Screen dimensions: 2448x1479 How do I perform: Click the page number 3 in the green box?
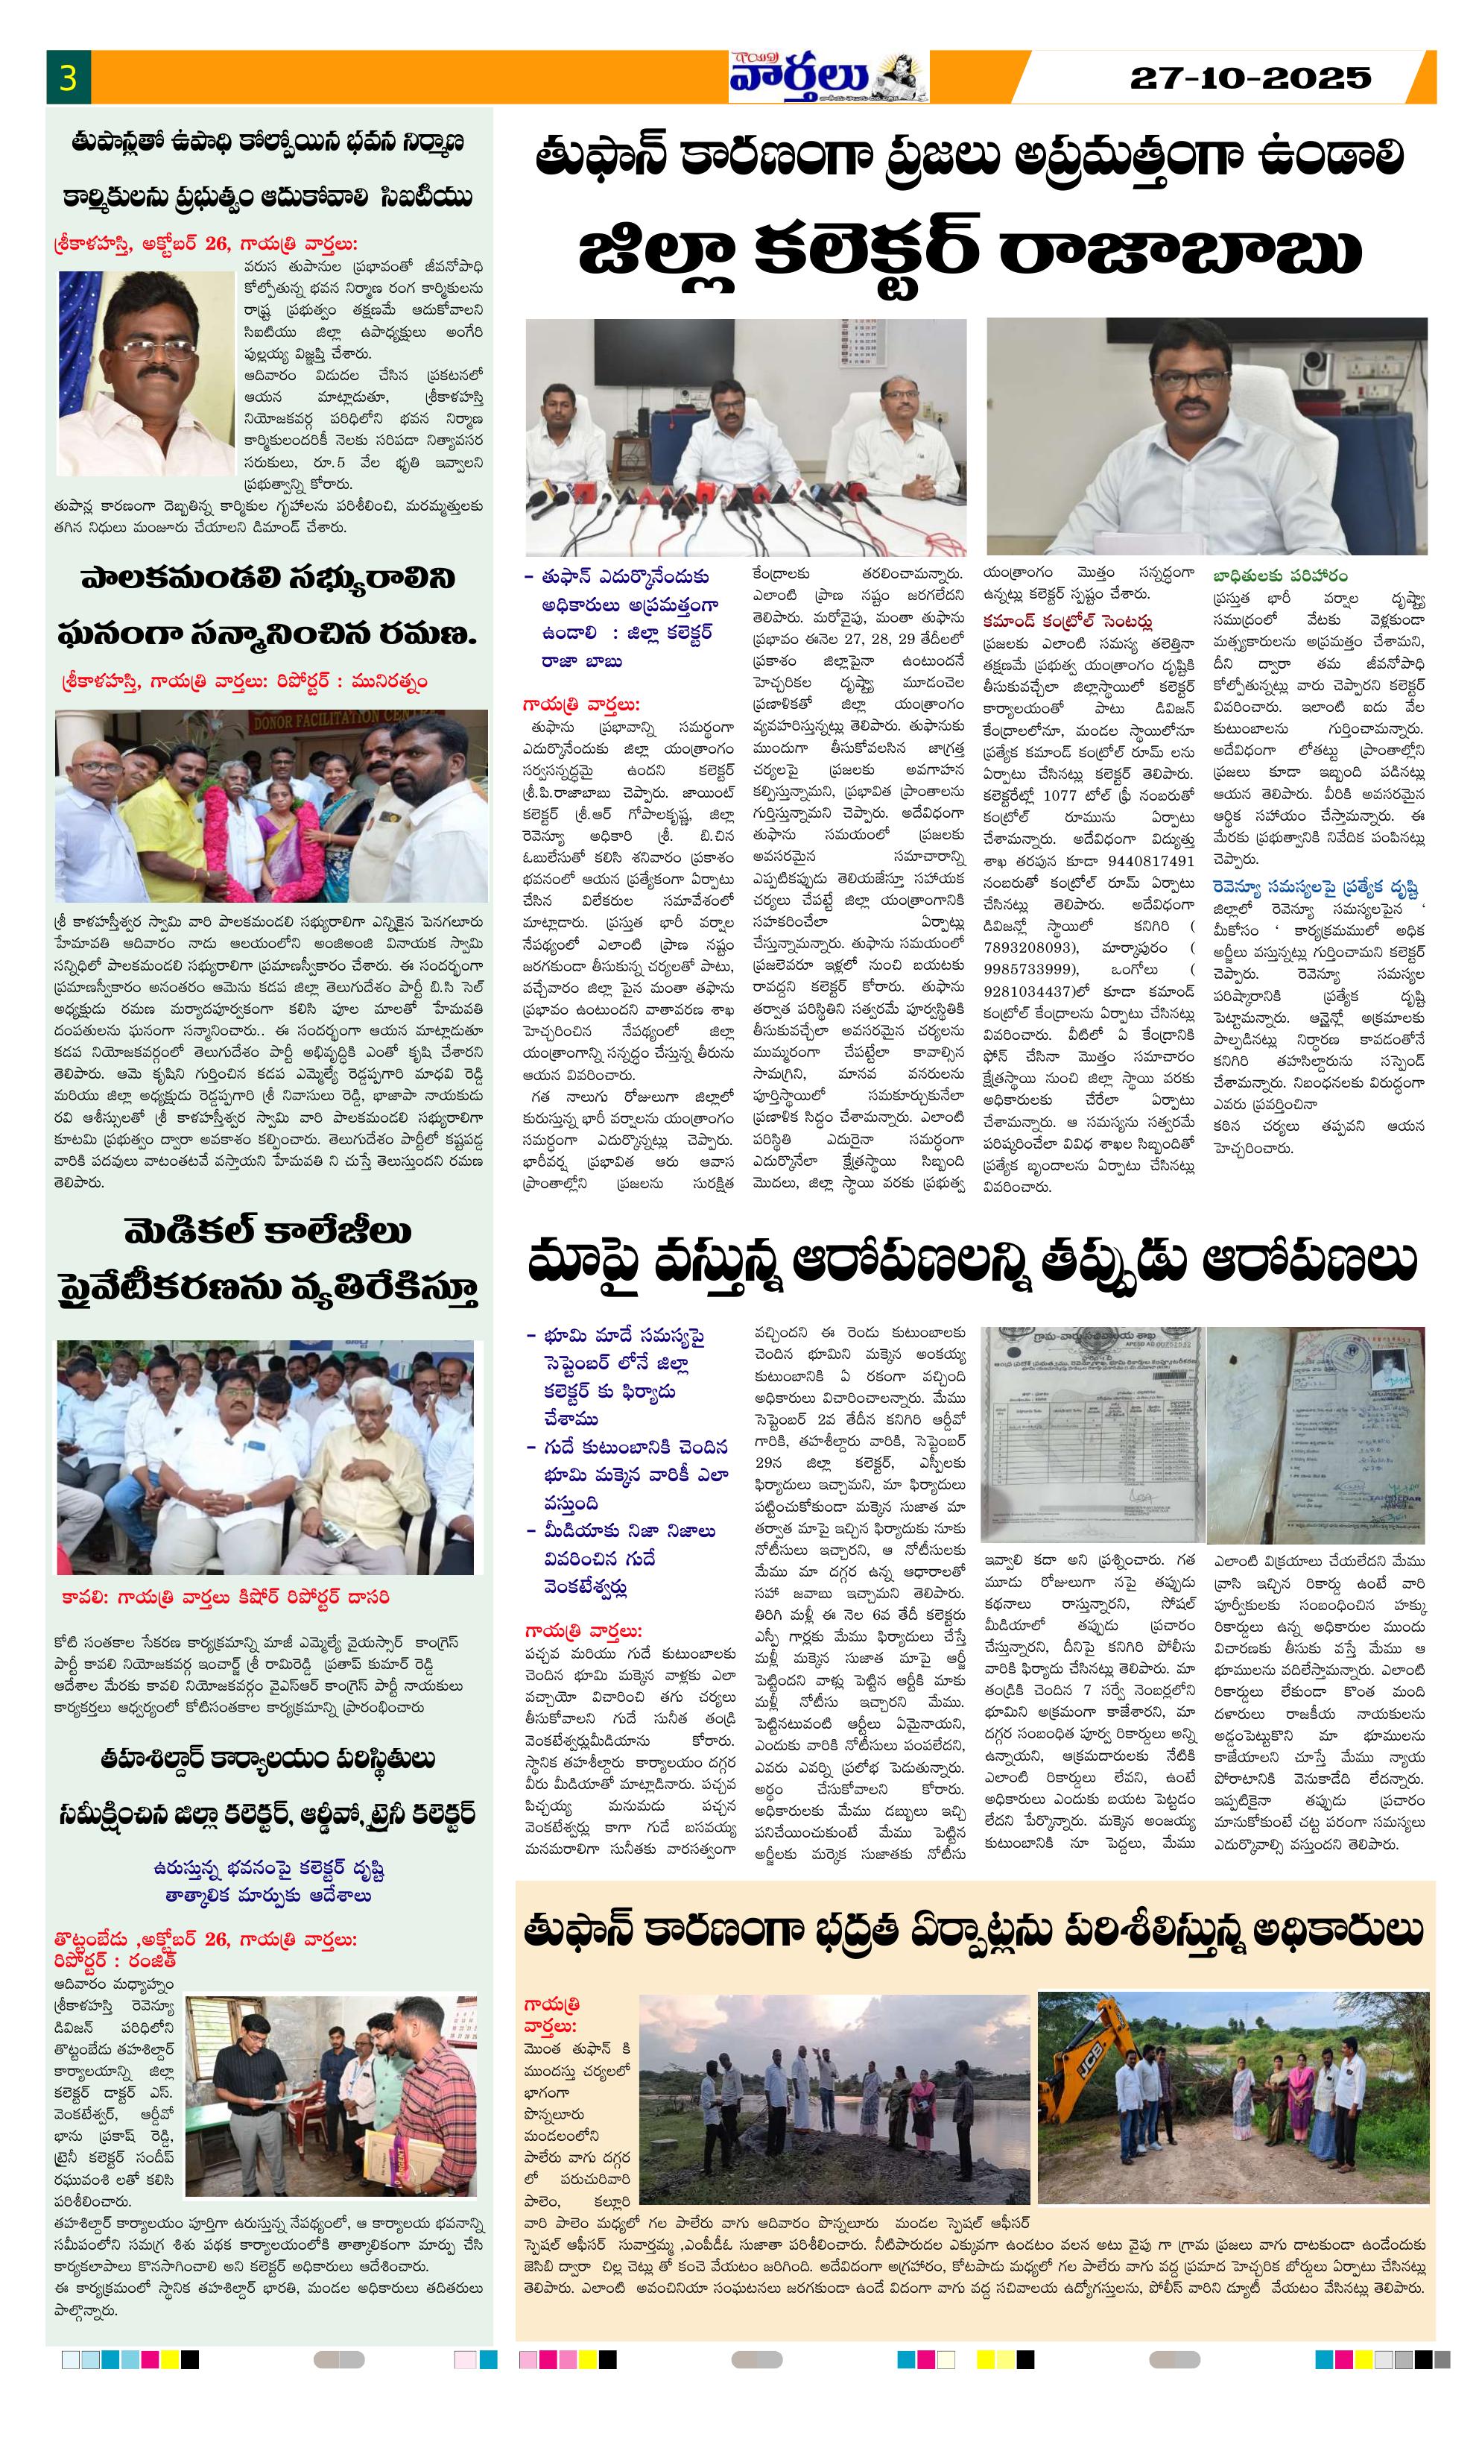click(x=68, y=78)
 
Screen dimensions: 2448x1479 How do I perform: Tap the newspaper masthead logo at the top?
click(x=826, y=78)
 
